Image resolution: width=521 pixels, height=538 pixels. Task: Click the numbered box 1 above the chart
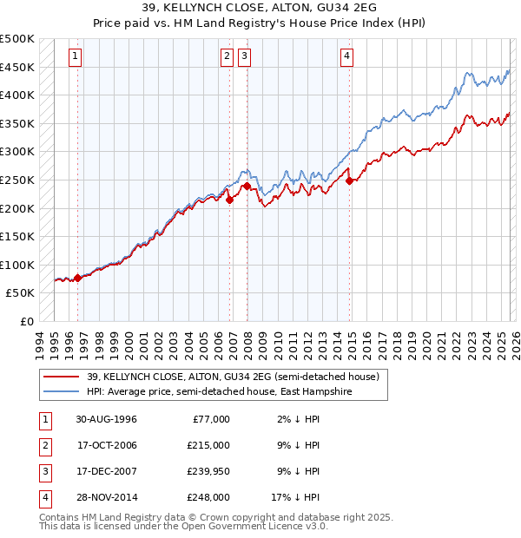tap(76, 56)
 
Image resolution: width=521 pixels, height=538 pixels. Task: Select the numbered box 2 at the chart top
tap(227, 56)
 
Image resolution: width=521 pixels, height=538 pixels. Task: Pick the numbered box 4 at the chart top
tap(346, 56)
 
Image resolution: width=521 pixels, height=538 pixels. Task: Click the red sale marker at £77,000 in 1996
tap(77, 278)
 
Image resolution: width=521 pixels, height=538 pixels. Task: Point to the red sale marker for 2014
tap(350, 180)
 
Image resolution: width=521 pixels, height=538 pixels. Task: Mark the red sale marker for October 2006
tap(230, 200)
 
